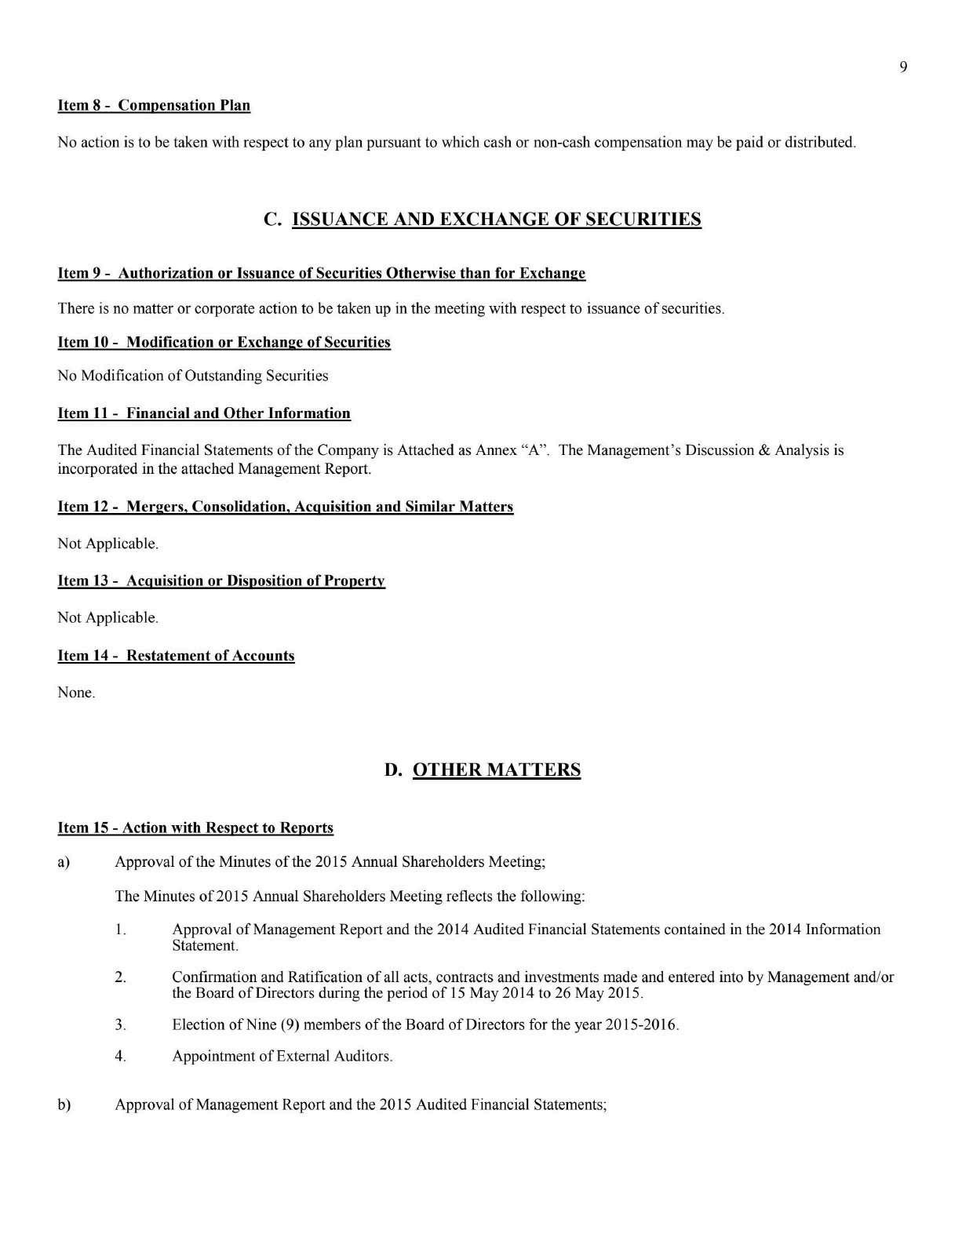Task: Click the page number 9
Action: [x=903, y=67]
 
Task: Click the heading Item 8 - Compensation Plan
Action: [x=154, y=105]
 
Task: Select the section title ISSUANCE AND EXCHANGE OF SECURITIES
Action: [x=496, y=219]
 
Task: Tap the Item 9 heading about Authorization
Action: [x=321, y=273]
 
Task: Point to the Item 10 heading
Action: [x=224, y=342]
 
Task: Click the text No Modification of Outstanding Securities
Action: [x=193, y=376]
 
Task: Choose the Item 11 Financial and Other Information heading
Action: [x=204, y=413]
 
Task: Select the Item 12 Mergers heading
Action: [x=285, y=507]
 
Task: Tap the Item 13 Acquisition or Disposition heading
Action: [x=220, y=581]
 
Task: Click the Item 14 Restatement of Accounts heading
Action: [x=176, y=656]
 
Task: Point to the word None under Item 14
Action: [x=75, y=693]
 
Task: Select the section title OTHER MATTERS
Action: [x=496, y=770]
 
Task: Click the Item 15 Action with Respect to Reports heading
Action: [x=195, y=828]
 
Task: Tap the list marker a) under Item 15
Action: [x=64, y=862]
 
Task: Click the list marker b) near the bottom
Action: [x=64, y=1104]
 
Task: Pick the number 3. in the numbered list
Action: [x=120, y=1024]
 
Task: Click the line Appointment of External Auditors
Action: [x=282, y=1056]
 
